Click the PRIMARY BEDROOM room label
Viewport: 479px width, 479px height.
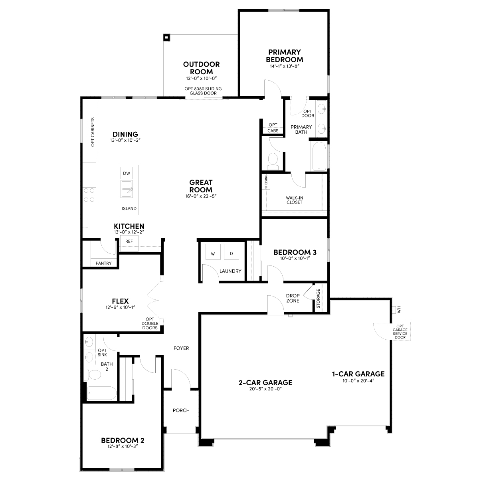[284, 56]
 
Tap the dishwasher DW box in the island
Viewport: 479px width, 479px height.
[127, 173]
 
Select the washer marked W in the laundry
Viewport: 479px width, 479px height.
[213, 252]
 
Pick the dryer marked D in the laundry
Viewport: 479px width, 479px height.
[232, 252]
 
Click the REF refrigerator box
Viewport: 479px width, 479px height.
[129, 244]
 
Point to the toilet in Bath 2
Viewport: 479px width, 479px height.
[93, 374]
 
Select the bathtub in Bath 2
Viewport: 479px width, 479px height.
[102, 393]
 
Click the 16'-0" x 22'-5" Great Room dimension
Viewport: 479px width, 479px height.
[201, 196]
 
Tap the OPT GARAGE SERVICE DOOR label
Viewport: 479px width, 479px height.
[400, 332]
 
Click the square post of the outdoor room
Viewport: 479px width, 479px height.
[166, 38]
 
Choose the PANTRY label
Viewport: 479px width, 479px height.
[104, 263]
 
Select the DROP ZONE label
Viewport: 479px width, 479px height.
[293, 298]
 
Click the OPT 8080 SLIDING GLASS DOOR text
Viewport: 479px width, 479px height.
[203, 91]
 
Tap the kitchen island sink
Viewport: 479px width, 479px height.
[127, 189]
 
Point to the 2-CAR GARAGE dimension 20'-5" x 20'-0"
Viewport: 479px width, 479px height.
[265, 389]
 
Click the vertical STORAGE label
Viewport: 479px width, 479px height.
[318, 299]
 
